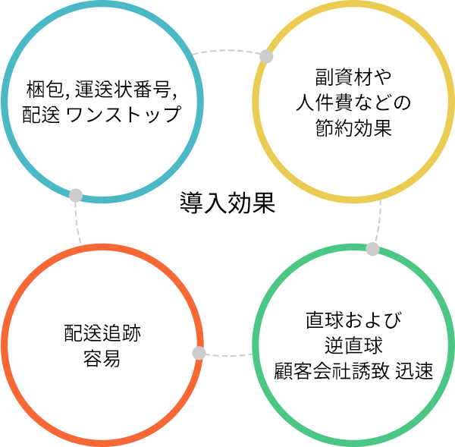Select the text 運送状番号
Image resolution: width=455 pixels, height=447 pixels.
coord(122,93)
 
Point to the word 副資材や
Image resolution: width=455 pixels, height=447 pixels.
coord(353,79)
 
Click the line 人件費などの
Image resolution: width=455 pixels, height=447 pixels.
coord(353,102)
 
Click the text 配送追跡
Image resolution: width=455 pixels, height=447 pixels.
coord(102,333)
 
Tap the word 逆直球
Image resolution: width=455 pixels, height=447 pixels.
coord(353,345)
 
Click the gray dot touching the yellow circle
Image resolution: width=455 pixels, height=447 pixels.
coord(266,56)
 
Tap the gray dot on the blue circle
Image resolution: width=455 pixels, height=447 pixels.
coord(75,194)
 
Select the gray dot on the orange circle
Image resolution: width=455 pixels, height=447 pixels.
coord(199,353)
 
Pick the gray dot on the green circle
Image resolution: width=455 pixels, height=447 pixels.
coord(372,249)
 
